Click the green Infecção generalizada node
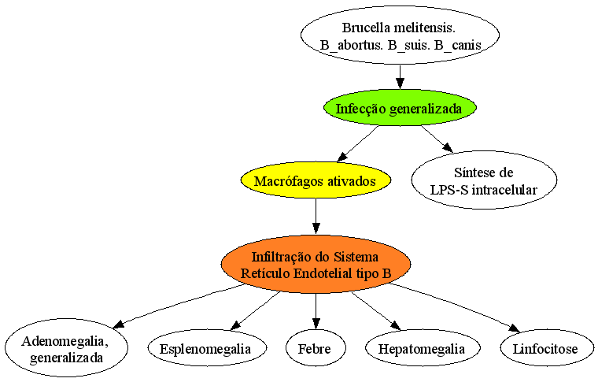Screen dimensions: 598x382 point(400,108)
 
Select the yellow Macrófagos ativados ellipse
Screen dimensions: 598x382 point(316,180)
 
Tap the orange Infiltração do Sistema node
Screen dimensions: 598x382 point(316,265)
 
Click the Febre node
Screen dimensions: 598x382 point(316,348)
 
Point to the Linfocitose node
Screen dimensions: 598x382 point(547,348)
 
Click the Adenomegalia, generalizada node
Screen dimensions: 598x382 point(66,348)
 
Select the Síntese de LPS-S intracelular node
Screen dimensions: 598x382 point(484,180)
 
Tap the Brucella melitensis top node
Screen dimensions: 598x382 point(400,35)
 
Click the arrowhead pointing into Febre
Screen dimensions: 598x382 point(316,325)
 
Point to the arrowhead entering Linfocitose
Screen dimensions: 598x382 point(515,328)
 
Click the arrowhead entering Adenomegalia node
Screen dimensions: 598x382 point(120,324)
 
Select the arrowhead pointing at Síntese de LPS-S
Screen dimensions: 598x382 point(448,148)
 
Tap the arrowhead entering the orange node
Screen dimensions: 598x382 point(316,229)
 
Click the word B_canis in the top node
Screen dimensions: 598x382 point(458,46)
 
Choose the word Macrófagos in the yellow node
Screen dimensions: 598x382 point(282,181)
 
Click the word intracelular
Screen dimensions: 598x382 point(504,190)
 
